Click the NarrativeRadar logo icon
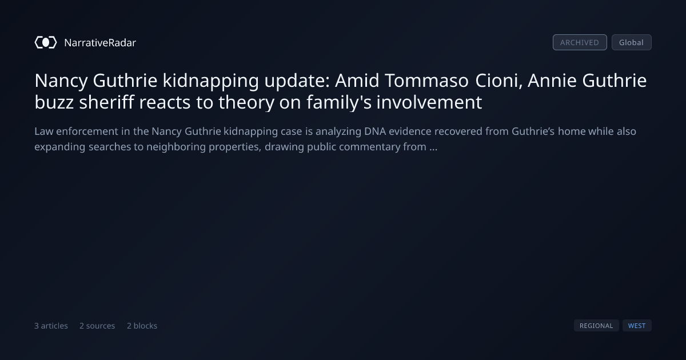(46, 42)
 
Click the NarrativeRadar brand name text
(100, 42)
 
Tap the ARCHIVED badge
(580, 42)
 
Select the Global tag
(632, 42)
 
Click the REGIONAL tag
(596, 325)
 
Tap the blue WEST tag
(637, 325)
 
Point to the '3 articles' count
(51, 326)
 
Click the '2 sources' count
(97, 326)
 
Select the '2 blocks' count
(142, 326)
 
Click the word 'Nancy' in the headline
(61, 81)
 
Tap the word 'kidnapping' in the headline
(211, 81)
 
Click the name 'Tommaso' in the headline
(426, 81)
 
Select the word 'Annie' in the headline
(552, 81)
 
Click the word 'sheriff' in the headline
(106, 102)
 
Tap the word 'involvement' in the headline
(429, 102)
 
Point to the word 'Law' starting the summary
(44, 131)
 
